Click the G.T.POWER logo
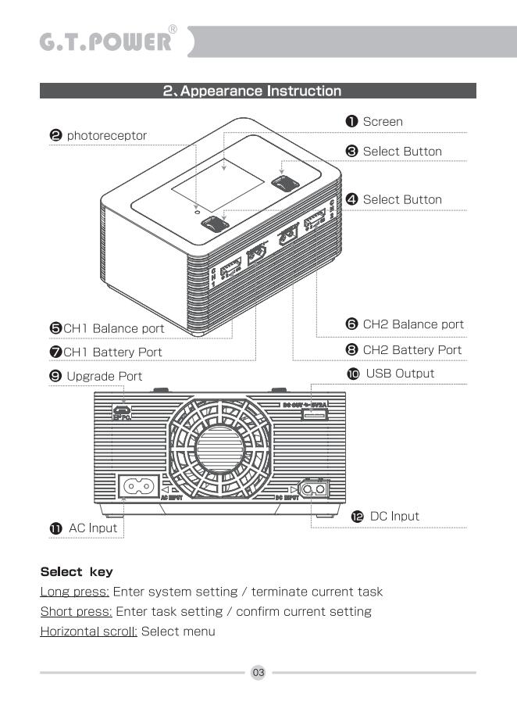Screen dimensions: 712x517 pos(105,41)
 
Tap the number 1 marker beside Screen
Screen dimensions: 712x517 pos(352,121)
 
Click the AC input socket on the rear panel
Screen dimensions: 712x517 pos(137,486)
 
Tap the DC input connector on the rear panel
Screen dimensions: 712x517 pos(316,489)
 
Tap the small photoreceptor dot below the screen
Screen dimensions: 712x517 pos(197,211)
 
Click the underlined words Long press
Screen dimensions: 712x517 pos(74,592)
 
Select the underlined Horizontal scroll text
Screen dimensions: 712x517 pos(88,631)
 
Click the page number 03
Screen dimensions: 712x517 pos(258,672)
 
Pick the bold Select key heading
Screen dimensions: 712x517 pos(76,572)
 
